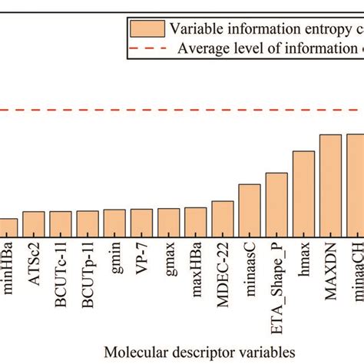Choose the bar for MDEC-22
(223, 217)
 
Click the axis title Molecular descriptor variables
(200, 352)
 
